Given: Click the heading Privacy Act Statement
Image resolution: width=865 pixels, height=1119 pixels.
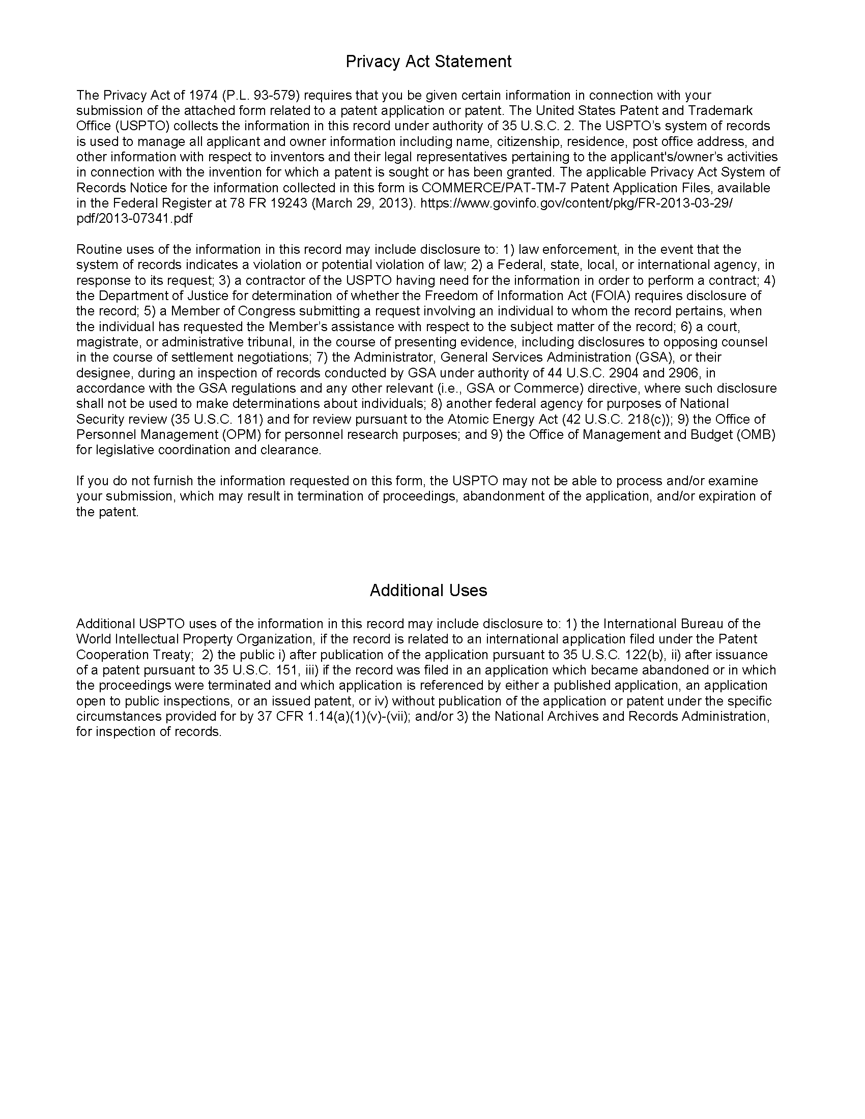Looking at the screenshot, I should pos(428,62).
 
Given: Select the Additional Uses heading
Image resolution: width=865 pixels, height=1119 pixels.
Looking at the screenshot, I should pos(428,590).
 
